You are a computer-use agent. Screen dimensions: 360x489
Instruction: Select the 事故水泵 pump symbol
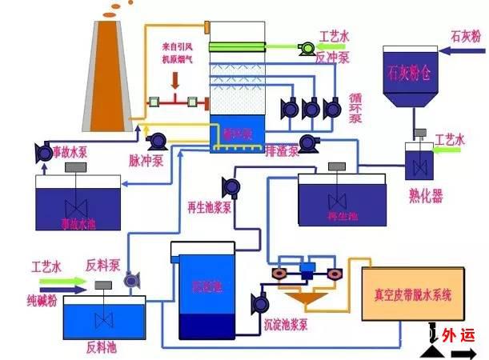(x=42, y=150)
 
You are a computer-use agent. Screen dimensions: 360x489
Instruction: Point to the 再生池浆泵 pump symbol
(x=232, y=187)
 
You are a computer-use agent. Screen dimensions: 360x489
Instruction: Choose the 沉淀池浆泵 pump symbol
(x=259, y=303)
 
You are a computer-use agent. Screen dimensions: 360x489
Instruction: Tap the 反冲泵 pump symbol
(x=305, y=49)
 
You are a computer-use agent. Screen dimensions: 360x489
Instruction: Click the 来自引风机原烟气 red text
(x=179, y=62)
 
